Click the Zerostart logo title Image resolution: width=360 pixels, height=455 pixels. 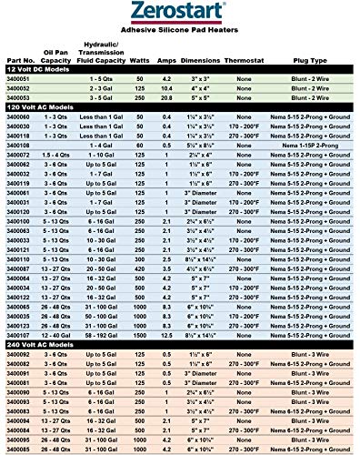(x=180, y=15)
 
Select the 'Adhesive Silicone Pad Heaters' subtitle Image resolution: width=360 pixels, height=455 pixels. (x=180, y=34)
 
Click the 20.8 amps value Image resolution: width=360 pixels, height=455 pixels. (x=166, y=96)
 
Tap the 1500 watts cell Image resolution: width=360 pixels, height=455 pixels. (x=141, y=335)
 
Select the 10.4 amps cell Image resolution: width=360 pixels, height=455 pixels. (x=166, y=87)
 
